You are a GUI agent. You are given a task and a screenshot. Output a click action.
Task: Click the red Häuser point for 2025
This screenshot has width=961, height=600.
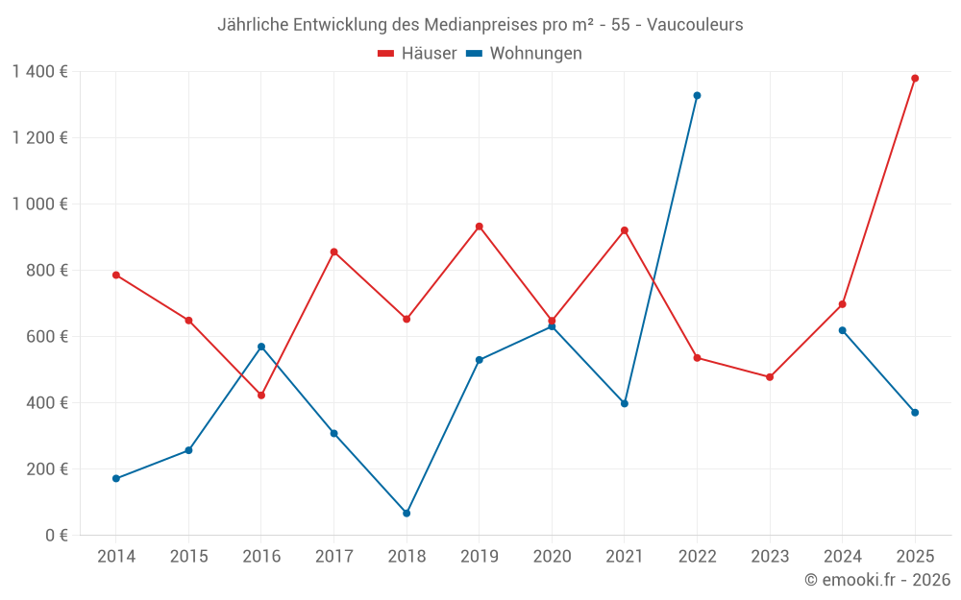pos(915,79)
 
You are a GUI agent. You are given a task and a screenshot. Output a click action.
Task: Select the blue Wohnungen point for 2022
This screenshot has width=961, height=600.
pos(697,96)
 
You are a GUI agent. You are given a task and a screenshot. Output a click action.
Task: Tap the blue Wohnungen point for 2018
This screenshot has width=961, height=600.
pos(407,514)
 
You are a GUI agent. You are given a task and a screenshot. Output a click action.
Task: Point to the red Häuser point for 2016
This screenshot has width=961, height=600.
pos(261,396)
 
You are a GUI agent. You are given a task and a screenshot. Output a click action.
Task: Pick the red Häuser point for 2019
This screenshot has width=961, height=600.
pos(480,227)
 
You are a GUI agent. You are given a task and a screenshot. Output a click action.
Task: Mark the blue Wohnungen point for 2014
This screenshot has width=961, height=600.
pos(116,478)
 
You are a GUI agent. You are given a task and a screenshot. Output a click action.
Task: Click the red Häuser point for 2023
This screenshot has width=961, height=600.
pos(770,377)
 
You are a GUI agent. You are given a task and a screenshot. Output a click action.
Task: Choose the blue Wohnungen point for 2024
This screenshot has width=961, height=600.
pos(843,330)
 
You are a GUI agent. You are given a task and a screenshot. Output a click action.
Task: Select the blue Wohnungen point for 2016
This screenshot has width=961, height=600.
pos(261,347)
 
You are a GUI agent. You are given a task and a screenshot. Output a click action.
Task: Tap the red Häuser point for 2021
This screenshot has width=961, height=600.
pos(625,230)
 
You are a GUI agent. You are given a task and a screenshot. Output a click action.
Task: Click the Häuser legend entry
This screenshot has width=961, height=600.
pos(417,54)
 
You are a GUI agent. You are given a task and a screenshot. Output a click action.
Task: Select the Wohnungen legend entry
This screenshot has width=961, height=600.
pos(525,54)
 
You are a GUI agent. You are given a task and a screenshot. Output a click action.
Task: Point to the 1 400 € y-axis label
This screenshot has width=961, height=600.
pos(39,71)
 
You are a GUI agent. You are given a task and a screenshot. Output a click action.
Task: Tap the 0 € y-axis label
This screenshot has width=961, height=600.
pos(57,535)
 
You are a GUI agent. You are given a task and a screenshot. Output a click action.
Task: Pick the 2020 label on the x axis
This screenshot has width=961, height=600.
pos(552,556)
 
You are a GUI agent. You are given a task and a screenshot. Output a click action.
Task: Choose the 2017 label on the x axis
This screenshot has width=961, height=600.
pos(333,556)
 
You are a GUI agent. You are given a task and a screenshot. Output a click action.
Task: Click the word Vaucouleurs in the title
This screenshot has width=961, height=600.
pos(695,25)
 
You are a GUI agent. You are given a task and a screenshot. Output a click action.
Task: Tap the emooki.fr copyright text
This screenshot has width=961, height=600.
pos(877,580)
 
